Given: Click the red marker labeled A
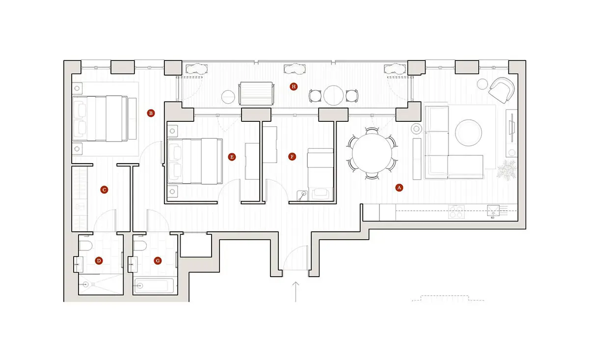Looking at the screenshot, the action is tap(399, 188).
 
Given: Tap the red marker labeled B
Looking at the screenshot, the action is tap(151, 113).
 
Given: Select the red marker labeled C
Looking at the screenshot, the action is tap(104, 190).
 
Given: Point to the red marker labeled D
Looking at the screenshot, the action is tap(99, 261).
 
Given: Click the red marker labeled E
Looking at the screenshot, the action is tap(232, 157).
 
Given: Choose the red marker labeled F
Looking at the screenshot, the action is tap(292, 157).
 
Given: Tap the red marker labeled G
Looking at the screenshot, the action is tap(158, 261).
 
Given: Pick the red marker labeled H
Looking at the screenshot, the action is tap(294, 86).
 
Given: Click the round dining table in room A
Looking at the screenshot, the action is tap(372, 154).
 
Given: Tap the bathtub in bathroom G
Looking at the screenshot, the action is tap(154, 285).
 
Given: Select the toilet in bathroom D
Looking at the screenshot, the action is tap(86, 246).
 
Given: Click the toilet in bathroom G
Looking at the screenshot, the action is tap(140, 246).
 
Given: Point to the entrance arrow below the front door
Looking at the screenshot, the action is tap(295, 292).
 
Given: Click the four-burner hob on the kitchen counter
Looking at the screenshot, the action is tap(456, 212).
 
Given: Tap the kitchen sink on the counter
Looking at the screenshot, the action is tap(493, 211).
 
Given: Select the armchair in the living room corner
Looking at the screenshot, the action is tap(502, 90).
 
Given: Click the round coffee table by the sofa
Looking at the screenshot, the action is tap(468, 133).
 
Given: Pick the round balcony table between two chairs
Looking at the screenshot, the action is tap(333, 95).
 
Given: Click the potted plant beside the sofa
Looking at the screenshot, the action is tap(507, 170).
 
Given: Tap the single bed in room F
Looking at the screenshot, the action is tap(321, 175).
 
